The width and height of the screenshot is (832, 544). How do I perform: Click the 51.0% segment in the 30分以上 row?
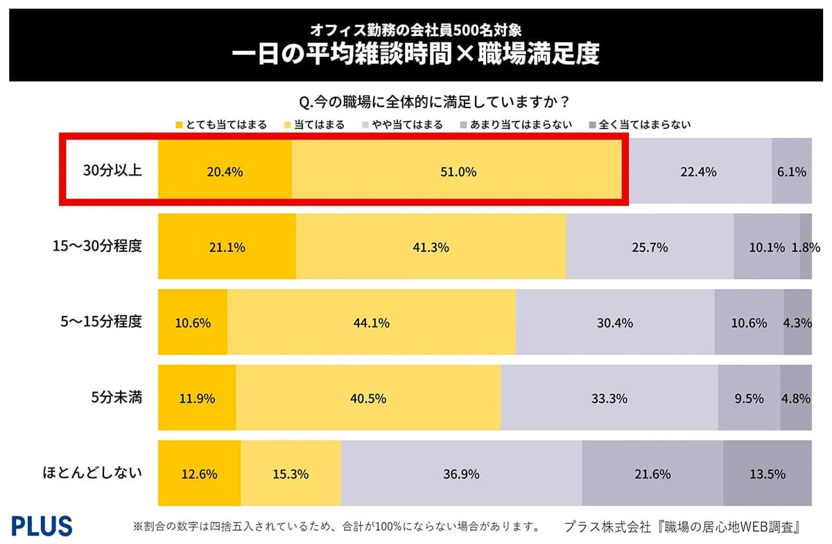(x=456, y=172)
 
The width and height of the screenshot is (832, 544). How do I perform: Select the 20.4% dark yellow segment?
(x=225, y=172)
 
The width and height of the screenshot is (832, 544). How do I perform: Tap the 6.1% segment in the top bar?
(x=791, y=172)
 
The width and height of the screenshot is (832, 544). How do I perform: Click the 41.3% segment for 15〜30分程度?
(x=431, y=247)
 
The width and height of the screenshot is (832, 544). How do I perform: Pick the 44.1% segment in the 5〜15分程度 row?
(x=371, y=323)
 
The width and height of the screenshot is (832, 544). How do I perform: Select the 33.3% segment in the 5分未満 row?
(x=609, y=398)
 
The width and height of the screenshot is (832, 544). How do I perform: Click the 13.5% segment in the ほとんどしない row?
(x=767, y=474)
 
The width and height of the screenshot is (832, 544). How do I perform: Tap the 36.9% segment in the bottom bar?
(x=461, y=474)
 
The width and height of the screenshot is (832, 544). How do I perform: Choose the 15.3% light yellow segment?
(x=291, y=474)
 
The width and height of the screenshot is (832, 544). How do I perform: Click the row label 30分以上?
(x=112, y=171)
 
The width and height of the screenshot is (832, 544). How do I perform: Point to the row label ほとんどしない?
(x=92, y=473)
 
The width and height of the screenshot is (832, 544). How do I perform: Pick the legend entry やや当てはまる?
(x=402, y=125)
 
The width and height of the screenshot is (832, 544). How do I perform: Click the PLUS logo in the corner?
(x=42, y=525)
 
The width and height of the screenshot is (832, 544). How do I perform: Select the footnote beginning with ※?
(x=331, y=525)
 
